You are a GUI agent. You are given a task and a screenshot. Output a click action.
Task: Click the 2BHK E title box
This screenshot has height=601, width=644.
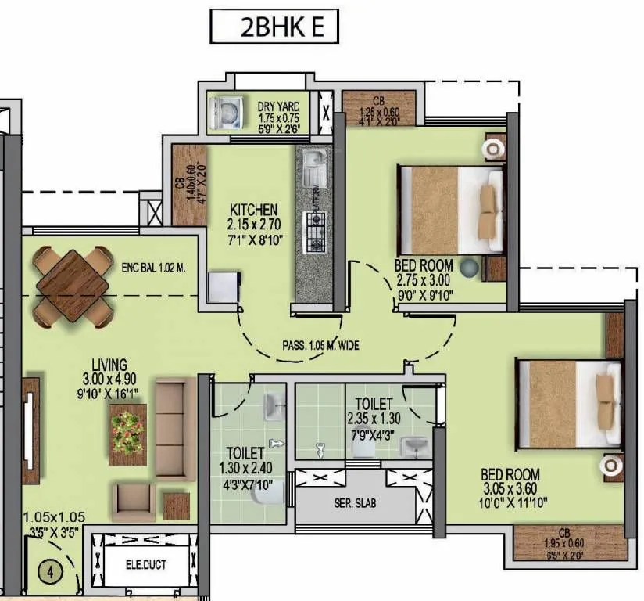click(275, 27)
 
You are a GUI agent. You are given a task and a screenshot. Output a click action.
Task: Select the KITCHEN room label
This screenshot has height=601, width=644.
click(253, 211)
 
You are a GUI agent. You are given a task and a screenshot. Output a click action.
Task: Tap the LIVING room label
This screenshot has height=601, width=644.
click(109, 365)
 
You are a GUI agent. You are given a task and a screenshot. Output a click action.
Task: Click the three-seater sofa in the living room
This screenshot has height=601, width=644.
click(175, 428)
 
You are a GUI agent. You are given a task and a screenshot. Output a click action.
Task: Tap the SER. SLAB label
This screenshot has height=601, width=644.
click(356, 503)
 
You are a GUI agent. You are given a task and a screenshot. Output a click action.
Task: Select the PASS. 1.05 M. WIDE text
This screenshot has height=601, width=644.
click(320, 344)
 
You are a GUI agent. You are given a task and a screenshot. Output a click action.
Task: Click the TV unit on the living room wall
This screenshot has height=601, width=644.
click(30, 430)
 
